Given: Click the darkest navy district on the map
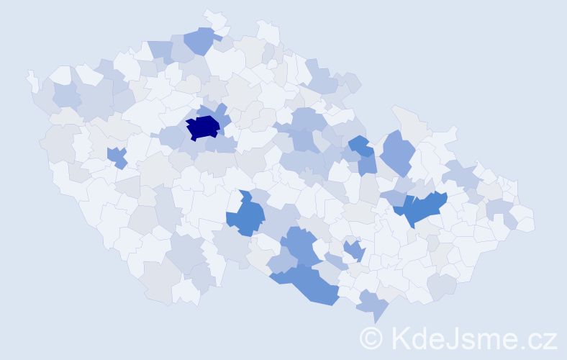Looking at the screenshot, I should tap(204, 127).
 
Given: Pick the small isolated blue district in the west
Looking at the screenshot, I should tap(117, 156).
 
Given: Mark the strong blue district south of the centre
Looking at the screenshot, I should tap(248, 215).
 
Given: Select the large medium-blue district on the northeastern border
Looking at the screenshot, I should tap(397, 153).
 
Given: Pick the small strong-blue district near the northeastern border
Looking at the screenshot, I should tap(359, 145).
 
